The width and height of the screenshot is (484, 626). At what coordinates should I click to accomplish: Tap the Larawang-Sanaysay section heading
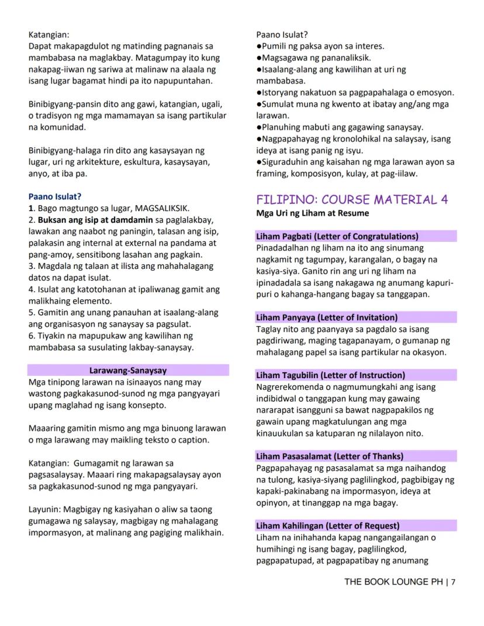128,370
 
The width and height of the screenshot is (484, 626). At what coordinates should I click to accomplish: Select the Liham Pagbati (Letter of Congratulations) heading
337,236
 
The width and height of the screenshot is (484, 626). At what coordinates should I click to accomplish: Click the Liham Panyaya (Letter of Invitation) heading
327,317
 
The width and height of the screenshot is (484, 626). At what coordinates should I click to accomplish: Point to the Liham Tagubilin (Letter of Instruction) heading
330,375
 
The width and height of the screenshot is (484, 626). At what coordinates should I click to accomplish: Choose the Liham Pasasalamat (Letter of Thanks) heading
330,456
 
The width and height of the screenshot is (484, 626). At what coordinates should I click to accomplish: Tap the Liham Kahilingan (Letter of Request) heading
328,525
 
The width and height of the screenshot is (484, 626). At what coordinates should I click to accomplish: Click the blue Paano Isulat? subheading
55,196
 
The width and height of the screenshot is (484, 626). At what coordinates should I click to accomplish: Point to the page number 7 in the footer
453,582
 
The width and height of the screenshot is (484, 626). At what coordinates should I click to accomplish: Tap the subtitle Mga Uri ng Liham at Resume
312,213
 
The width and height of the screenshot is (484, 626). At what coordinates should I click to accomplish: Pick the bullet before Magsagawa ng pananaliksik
258,57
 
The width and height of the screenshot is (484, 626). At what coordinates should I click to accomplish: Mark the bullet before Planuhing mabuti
258,127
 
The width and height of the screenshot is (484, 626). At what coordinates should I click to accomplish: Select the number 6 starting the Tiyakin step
31,336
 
